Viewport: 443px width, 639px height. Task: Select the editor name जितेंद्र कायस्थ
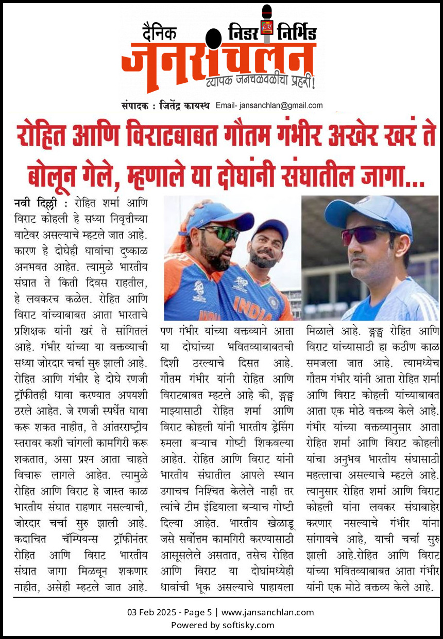184,105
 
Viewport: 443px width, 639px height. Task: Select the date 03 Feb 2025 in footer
150,612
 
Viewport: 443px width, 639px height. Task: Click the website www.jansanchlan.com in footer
267,612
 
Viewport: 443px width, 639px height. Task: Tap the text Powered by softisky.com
222,625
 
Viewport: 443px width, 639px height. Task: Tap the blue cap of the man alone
370,211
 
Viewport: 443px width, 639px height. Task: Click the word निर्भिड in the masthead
297,32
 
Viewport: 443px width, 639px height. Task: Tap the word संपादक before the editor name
135,105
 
